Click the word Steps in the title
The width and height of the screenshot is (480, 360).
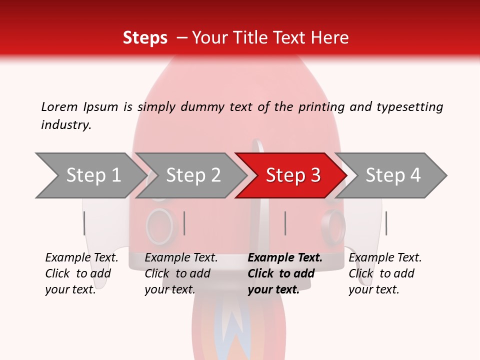(x=145, y=38)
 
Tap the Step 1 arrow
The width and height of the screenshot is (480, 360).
(x=92, y=175)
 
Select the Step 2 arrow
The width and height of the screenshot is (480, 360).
(x=193, y=175)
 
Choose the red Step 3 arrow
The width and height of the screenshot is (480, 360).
(x=292, y=175)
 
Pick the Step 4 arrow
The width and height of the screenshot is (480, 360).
(x=393, y=175)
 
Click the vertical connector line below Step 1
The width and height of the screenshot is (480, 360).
(x=84, y=223)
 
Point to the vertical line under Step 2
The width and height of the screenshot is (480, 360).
(x=184, y=223)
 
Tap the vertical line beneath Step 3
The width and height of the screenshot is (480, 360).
(x=285, y=223)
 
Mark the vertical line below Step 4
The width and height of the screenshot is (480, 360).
(x=386, y=223)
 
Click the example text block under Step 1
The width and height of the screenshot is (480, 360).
(x=81, y=273)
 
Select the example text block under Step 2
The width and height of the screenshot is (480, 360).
(x=181, y=273)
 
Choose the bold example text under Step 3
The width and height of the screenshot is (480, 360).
(x=285, y=273)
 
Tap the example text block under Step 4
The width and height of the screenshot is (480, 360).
(x=385, y=273)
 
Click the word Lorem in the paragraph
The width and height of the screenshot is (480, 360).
(x=59, y=106)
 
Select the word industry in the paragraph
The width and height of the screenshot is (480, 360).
(x=66, y=125)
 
